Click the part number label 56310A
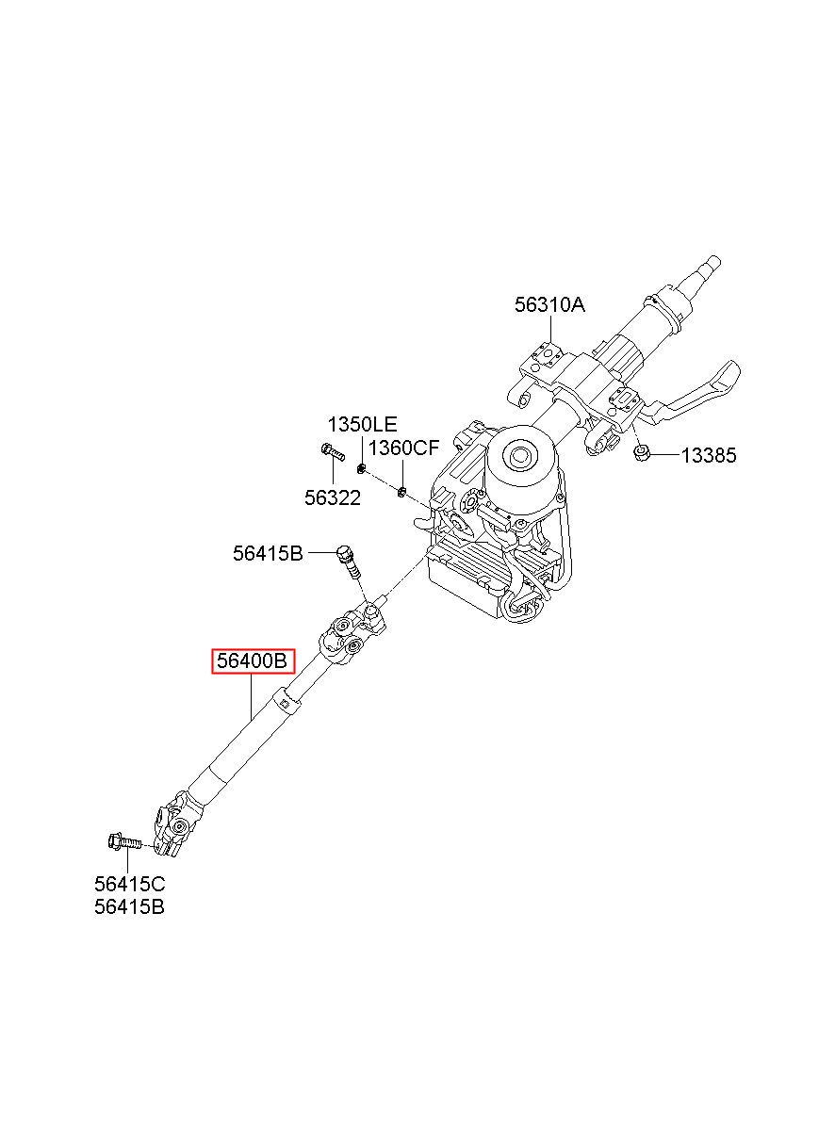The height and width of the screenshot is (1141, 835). click(x=549, y=304)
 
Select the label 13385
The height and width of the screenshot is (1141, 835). click(x=708, y=456)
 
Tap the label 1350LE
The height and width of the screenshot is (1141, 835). click(x=362, y=424)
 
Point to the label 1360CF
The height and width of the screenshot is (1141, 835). click(x=403, y=448)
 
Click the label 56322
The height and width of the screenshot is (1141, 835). click(x=332, y=497)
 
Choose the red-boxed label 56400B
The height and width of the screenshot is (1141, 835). click(x=253, y=661)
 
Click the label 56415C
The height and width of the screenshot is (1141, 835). click(x=129, y=884)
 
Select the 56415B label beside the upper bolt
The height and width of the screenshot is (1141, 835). click(x=268, y=554)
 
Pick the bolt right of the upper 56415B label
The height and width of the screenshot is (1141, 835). click(x=348, y=562)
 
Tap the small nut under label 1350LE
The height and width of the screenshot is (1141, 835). click(x=362, y=468)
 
